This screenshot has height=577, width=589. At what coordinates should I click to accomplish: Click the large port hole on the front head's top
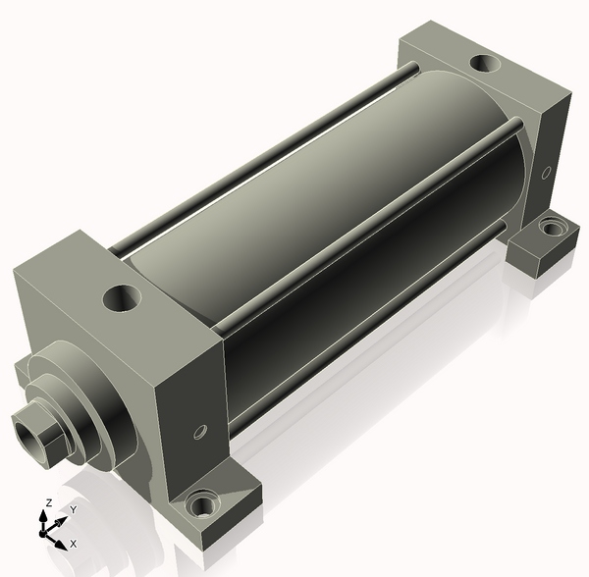[122, 298]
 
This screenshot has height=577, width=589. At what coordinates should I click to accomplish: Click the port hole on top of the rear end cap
[485, 63]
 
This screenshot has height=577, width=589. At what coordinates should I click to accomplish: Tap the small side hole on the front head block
[200, 432]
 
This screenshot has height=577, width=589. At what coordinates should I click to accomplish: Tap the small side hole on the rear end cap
[546, 173]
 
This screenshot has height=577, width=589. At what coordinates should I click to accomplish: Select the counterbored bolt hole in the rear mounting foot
[551, 228]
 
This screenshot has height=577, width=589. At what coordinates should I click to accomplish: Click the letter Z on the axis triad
[48, 502]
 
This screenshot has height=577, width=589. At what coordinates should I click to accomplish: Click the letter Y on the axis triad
[74, 509]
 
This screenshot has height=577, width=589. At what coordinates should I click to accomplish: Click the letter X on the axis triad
[74, 544]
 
